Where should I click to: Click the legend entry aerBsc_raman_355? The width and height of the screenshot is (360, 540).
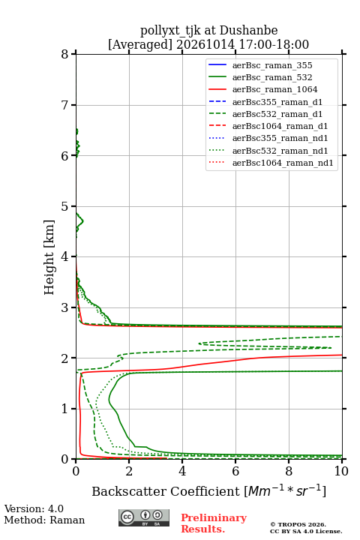[x=272, y=65]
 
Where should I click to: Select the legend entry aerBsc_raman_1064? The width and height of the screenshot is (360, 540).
[x=275, y=89]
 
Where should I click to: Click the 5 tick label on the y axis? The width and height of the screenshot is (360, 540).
[x=64, y=207]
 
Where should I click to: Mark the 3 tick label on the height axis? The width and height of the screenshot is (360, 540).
[x=64, y=307]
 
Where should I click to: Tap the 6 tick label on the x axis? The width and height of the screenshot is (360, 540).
[x=235, y=471]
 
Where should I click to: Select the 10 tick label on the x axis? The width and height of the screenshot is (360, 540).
[x=341, y=471]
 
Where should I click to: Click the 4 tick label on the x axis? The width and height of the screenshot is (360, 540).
[x=182, y=471]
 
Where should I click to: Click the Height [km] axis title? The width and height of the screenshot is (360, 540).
[x=49, y=257]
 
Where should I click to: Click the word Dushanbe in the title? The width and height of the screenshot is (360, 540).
[x=248, y=31]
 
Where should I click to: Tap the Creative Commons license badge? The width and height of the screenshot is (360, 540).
[x=144, y=517]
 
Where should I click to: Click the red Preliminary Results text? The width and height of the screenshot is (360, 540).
[x=214, y=523]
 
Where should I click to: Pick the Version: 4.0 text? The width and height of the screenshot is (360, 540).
[x=34, y=509]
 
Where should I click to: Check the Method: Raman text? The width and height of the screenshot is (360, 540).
[x=44, y=520]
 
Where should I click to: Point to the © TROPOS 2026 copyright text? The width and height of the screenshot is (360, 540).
[x=298, y=524]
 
